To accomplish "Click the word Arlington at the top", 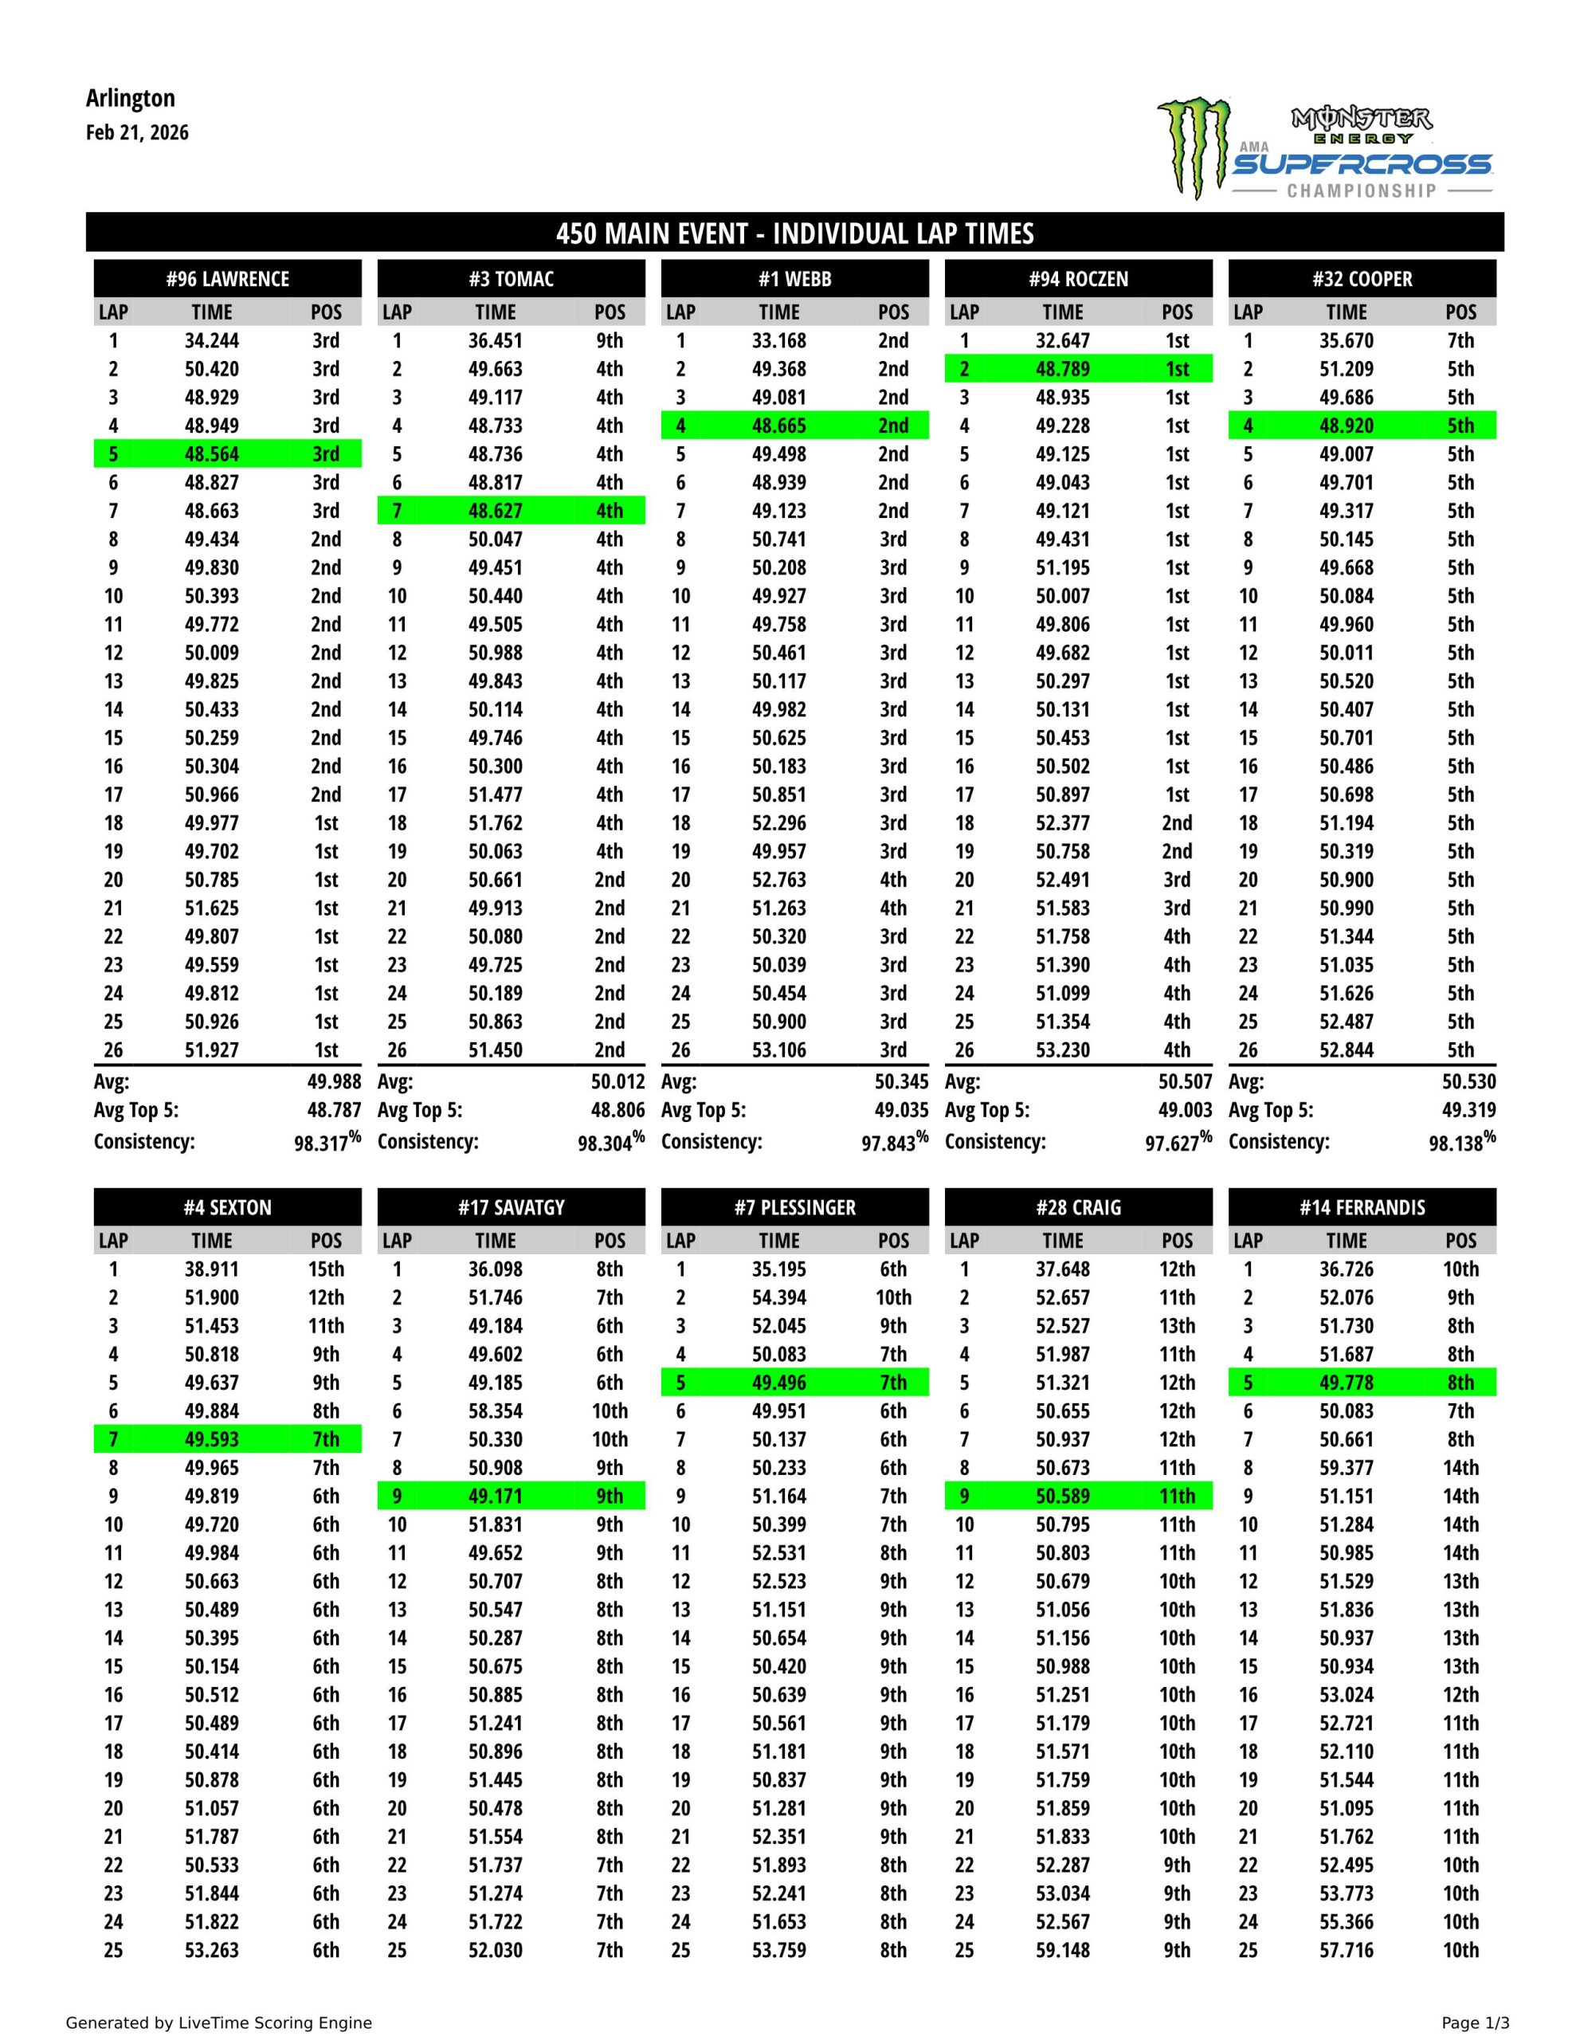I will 130,98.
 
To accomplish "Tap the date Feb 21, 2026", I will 137,132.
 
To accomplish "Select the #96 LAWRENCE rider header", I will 227,278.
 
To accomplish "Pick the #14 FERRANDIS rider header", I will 1361,1206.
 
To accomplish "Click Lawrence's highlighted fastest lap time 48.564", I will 211,454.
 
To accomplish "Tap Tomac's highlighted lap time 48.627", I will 495,511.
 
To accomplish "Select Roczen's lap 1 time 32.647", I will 1062,341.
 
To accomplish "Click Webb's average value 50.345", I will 900,1081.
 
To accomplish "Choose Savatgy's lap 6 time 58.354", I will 495,1411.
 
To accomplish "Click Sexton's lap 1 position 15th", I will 326,1269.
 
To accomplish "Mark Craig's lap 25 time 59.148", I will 1062,1950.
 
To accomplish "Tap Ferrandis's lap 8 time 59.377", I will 1347,1467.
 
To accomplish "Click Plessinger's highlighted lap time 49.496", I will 778,1383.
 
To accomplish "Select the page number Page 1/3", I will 1475,2023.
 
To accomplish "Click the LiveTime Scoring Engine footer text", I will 218,2023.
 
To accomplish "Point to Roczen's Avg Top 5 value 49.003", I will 1185,1110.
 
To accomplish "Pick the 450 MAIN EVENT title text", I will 794,233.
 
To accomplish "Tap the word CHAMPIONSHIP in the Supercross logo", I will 1361,190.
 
